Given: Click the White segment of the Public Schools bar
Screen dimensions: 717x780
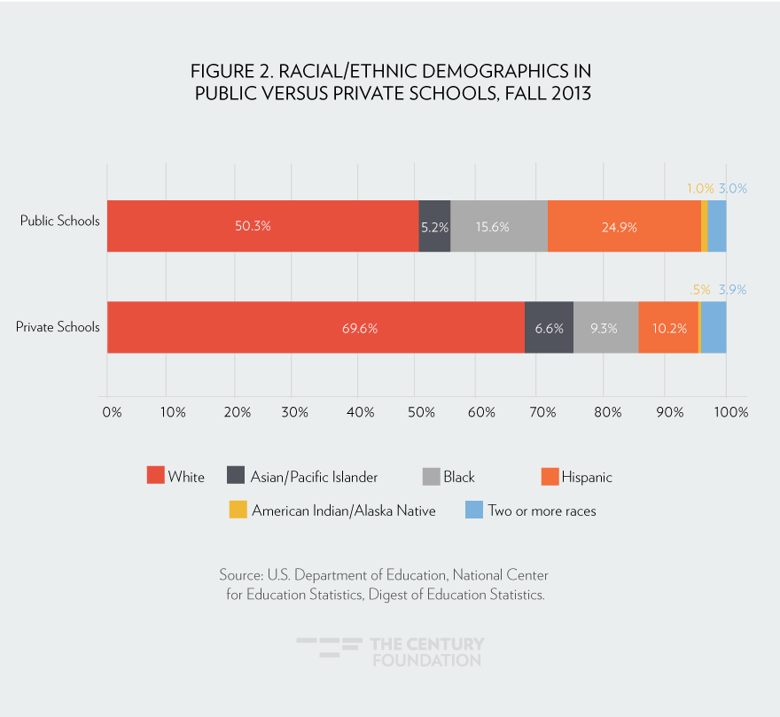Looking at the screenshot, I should tap(262, 226).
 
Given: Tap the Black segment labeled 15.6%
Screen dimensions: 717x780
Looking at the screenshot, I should tap(498, 226).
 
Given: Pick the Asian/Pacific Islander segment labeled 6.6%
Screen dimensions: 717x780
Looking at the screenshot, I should tap(549, 327).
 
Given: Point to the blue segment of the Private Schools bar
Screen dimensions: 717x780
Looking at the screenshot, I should tap(714, 327).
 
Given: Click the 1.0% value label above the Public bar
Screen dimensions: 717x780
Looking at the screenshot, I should tap(699, 188).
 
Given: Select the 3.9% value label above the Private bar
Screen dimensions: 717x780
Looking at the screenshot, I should tap(733, 289).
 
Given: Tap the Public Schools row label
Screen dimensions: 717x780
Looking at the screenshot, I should tap(59, 220).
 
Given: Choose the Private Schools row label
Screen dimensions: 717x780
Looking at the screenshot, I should tap(58, 326).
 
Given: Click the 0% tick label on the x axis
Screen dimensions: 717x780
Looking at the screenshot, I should tap(112, 412).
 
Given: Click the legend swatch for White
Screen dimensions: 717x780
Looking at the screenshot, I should tap(155, 476).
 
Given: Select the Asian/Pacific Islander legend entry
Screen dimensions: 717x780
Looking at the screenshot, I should tap(314, 477).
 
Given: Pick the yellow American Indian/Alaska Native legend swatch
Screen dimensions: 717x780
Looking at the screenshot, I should tap(238, 510).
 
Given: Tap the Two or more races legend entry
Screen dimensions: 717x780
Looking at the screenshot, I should tap(542, 510).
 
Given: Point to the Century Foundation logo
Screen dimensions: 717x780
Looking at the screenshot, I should tap(390, 651).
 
